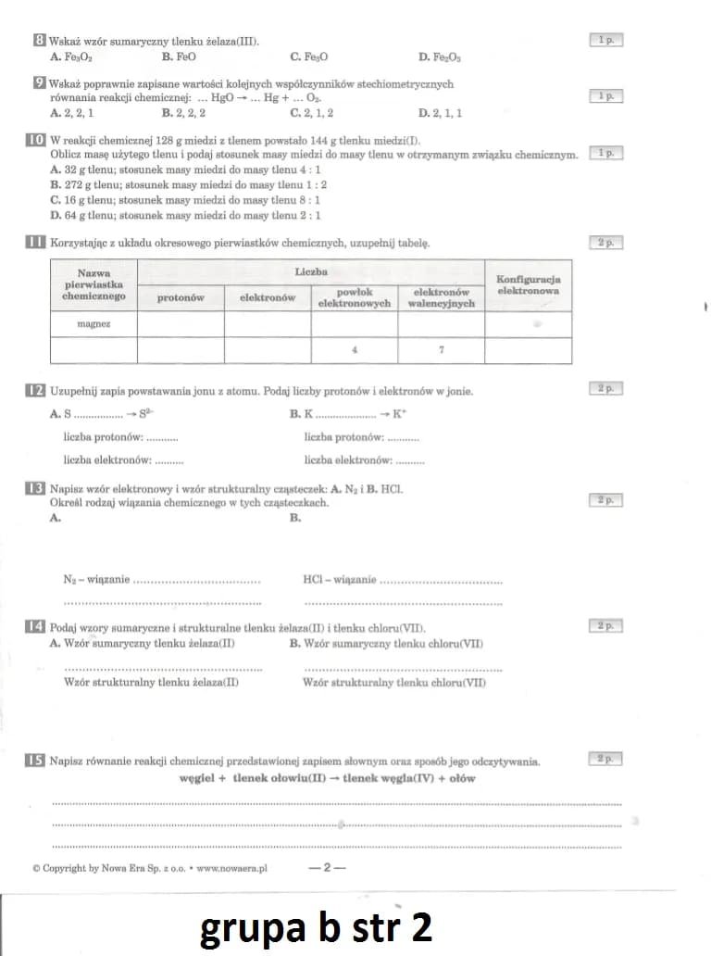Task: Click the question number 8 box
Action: (37, 41)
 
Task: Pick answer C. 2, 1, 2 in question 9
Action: (312, 113)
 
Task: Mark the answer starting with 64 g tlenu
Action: (185, 215)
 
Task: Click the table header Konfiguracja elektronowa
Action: (528, 284)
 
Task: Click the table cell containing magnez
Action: (94, 324)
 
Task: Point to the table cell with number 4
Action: (355, 351)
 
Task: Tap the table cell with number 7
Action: (442, 351)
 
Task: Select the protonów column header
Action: (181, 297)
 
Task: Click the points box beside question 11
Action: (605, 243)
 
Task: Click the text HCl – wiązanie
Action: (339, 580)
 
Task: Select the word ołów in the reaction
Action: (462, 778)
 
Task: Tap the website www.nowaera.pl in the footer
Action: (231, 869)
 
